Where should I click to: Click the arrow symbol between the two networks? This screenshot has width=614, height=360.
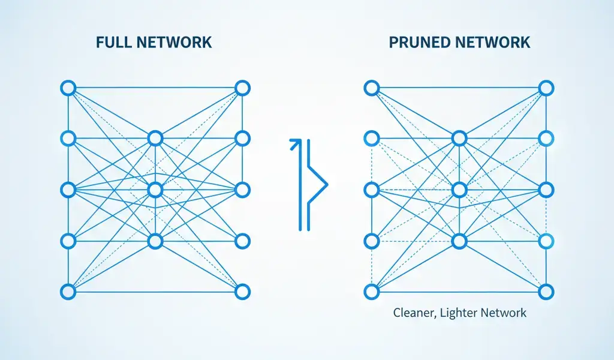pyautogui.click(x=308, y=184)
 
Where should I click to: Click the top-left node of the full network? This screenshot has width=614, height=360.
pyautogui.click(x=68, y=89)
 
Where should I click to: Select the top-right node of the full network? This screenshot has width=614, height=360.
pyautogui.click(x=242, y=89)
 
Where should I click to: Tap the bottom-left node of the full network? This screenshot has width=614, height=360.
pyautogui.click(x=68, y=292)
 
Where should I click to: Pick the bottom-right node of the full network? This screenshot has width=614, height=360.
pyautogui.click(x=242, y=292)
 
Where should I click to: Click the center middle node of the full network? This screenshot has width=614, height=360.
pyautogui.click(x=155, y=190)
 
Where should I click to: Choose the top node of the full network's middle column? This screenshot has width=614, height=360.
pyautogui.click(x=155, y=139)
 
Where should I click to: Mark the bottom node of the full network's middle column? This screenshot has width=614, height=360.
pyautogui.click(x=155, y=241)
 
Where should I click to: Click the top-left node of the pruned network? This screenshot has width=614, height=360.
pyautogui.click(x=372, y=89)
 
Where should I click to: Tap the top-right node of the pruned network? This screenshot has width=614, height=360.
pyautogui.click(x=546, y=89)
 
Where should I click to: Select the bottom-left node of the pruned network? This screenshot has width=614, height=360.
pyautogui.click(x=372, y=292)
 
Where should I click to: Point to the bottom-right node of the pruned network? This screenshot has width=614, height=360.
pyautogui.click(x=546, y=292)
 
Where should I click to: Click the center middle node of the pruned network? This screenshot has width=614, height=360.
pyautogui.click(x=459, y=190)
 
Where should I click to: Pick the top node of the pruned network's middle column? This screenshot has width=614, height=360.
pyautogui.click(x=459, y=139)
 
